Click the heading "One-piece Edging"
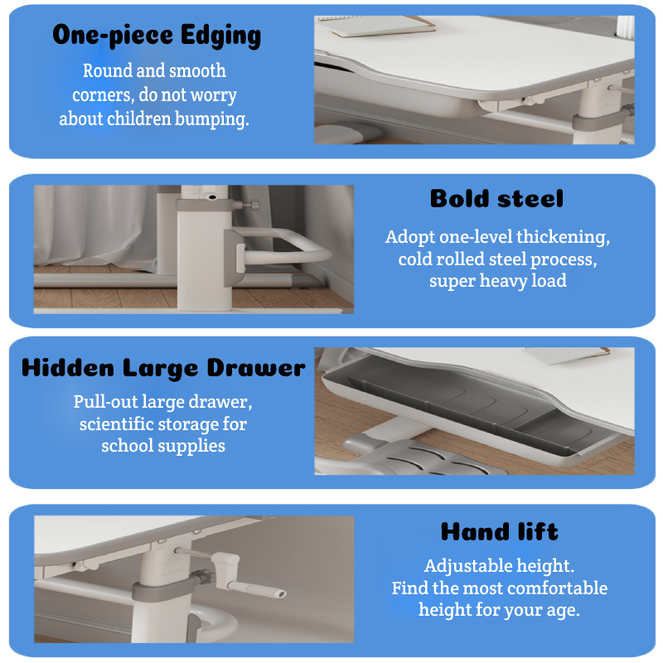[x=157, y=36]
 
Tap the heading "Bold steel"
[x=496, y=198]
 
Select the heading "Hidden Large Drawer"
[x=163, y=367]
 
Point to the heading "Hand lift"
[x=500, y=531]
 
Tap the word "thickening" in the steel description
[x=563, y=237]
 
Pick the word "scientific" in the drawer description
[x=116, y=423]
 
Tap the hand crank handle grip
[x=257, y=589]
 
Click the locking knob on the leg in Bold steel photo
[x=252, y=205]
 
